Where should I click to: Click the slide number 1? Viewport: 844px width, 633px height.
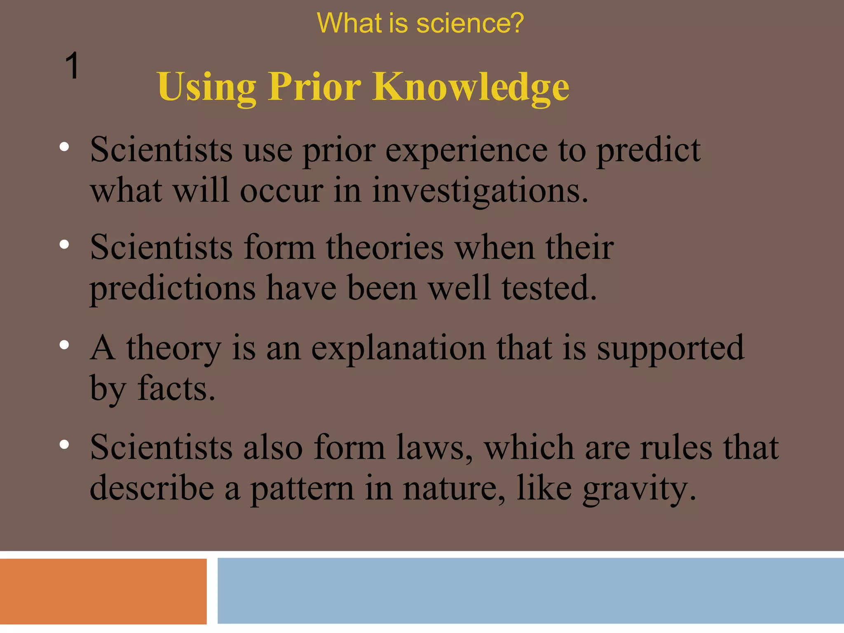pyautogui.click(x=72, y=66)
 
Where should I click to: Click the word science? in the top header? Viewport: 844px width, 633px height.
pyautogui.click(x=470, y=23)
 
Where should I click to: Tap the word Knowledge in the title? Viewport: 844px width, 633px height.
pyautogui.click(x=471, y=87)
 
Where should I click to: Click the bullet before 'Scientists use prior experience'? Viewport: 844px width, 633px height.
pyautogui.click(x=64, y=147)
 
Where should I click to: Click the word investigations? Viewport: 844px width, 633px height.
pyautogui.click(x=480, y=192)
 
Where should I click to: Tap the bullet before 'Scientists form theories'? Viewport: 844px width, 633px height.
pyautogui.click(x=64, y=245)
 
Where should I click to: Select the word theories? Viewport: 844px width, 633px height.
pyautogui.click(x=385, y=248)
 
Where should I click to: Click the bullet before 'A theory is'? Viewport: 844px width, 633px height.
pyautogui.click(x=64, y=345)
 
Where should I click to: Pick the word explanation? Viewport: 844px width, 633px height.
pyautogui.click(x=398, y=349)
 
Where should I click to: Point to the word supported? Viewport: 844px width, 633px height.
pyautogui.click(x=670, y=349)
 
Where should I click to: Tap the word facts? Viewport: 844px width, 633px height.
pyautogui.click(x=176, y=388)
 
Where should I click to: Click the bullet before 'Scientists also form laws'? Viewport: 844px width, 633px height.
pyautogui.click(x=64, y=444)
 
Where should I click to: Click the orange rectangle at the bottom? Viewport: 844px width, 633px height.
pyautogui.click(x=103, y=591)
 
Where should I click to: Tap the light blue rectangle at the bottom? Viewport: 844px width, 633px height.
pyautogui.click(x=530, y=590)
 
